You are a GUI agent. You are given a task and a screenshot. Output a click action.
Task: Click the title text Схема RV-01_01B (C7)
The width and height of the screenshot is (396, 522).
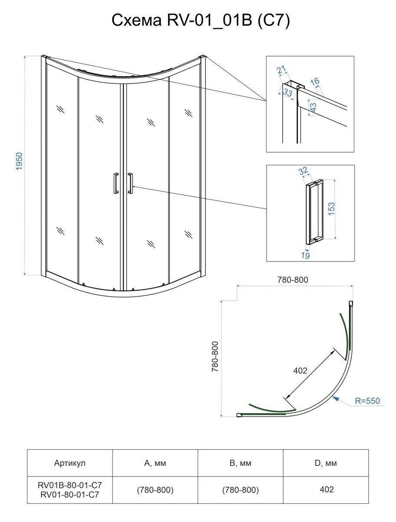tap(201, 21)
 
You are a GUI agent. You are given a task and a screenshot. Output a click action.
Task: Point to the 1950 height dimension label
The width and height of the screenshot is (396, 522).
tap(19, 161)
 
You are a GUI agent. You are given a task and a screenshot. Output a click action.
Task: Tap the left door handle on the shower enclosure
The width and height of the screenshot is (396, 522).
tap(116, 184)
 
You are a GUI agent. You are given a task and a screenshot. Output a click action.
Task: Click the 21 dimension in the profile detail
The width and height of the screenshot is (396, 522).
tap(281, 70)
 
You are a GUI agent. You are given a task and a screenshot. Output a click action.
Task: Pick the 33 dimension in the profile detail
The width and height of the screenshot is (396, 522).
tap(288, 92)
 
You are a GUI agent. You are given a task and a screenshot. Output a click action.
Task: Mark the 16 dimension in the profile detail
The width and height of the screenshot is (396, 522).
tap(315, 82)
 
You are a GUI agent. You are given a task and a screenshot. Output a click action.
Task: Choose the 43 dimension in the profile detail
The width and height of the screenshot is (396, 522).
tap(313, 107)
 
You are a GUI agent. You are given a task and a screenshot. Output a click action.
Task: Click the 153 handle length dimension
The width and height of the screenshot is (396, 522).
tap(331, 209)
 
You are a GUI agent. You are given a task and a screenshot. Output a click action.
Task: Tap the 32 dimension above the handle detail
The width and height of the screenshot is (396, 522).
tap(303, 171)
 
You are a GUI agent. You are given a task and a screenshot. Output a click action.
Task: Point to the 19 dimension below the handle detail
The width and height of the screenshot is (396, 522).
tap(306, 256)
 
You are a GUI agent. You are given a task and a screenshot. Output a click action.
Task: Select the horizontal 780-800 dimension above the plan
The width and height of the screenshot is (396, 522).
tap(293, 280)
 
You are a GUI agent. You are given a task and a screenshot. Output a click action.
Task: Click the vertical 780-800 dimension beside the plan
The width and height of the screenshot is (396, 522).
tap(215, 357)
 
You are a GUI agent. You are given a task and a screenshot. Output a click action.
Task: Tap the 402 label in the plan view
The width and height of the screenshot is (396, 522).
tap(300, 370)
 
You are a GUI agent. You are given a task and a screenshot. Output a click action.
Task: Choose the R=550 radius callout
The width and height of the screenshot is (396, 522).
tap(367, 401)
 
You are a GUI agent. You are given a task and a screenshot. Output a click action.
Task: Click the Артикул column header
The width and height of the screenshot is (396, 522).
tap(70, 463)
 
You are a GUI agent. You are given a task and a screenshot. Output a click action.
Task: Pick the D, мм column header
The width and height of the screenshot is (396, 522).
tap(326, 463)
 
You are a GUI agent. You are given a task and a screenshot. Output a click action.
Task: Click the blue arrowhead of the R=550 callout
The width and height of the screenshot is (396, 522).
tap(336, 398)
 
